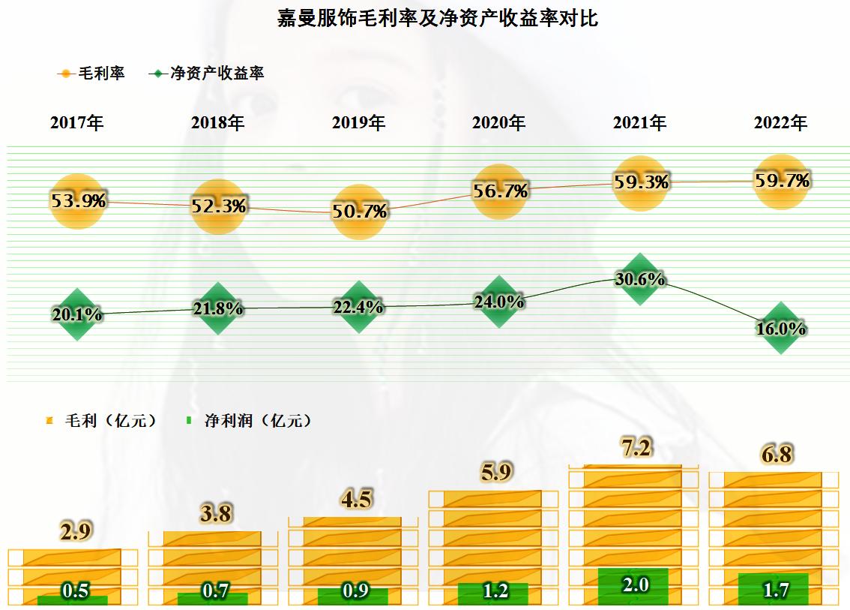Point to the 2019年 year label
358,123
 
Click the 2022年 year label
780,123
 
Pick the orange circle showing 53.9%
78,201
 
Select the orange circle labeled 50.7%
359,212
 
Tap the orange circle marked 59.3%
640,182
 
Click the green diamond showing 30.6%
639,279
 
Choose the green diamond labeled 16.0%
781,328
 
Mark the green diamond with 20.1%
77,315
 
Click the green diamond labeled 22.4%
359,307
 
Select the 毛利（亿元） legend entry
102,421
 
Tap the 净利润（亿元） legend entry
249,421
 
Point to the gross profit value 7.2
635,449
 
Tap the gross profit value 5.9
495,473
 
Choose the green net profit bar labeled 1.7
774,589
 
